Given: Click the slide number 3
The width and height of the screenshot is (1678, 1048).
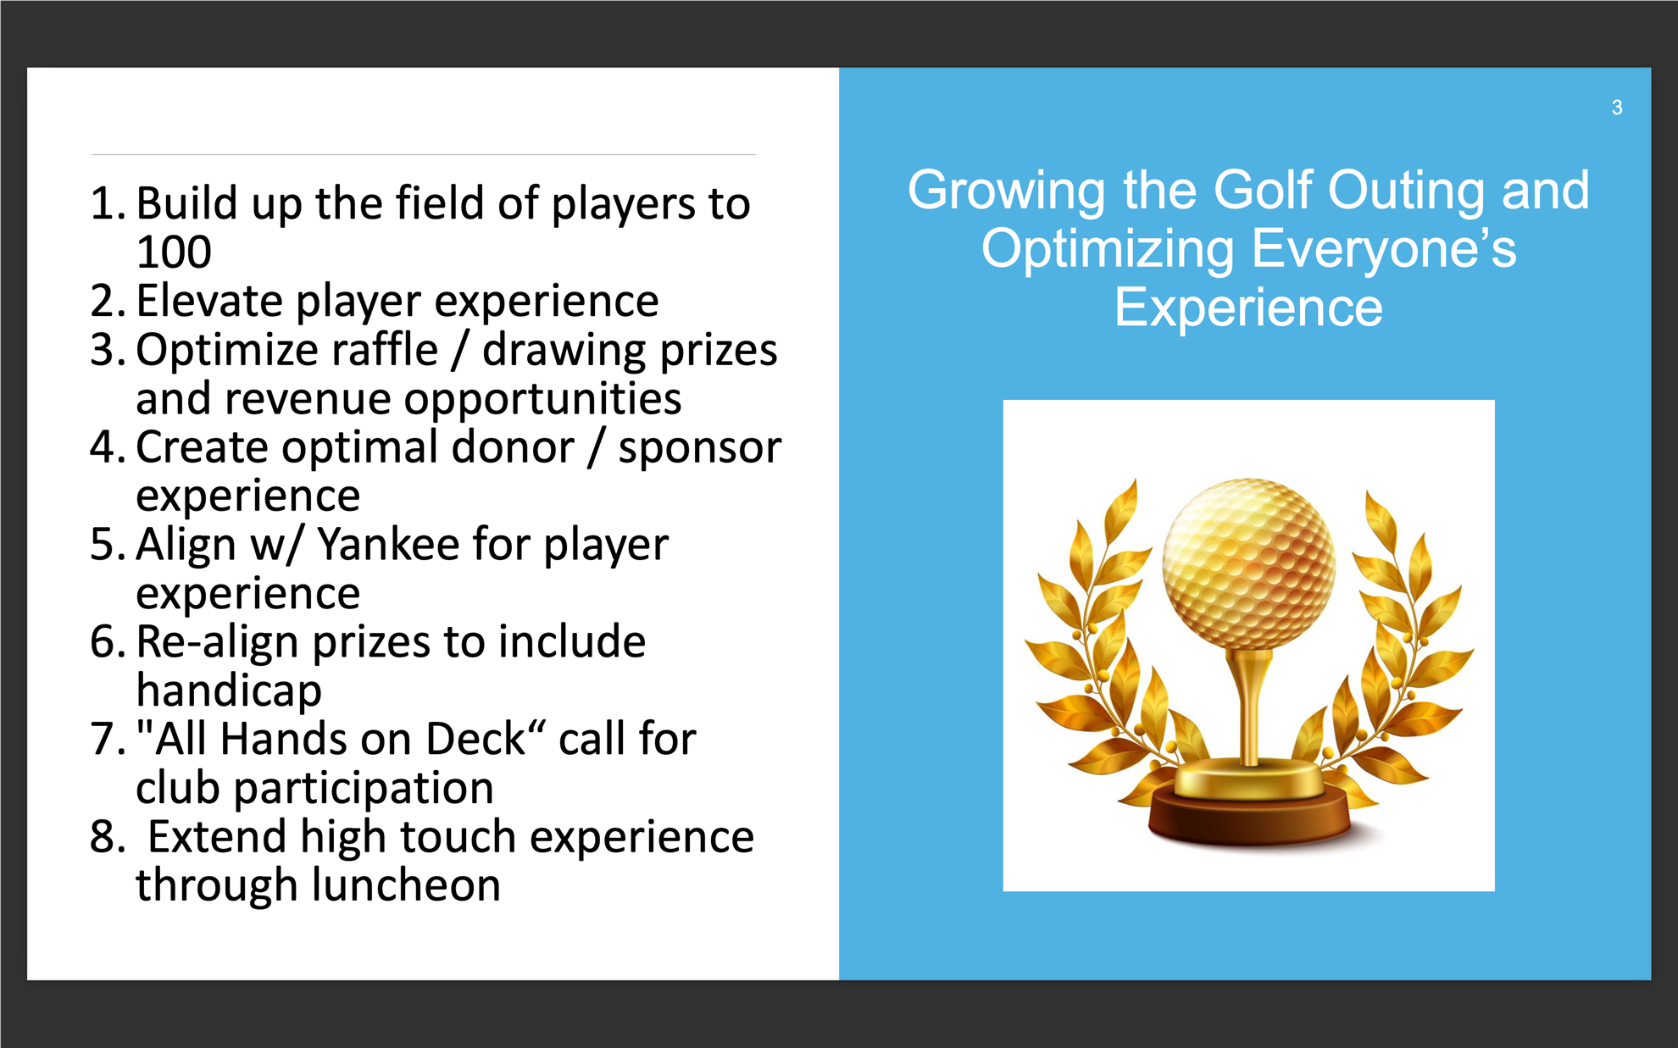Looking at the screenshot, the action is [1617, 108].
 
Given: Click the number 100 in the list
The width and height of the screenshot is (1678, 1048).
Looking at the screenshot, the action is [174, 252].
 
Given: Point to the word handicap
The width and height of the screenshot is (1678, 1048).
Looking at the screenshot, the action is [229, 691].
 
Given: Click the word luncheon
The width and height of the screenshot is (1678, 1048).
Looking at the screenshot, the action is [407, 885].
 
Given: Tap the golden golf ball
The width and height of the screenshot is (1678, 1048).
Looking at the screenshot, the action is [1248, 563].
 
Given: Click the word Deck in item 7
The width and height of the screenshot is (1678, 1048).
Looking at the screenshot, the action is [476, 739].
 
